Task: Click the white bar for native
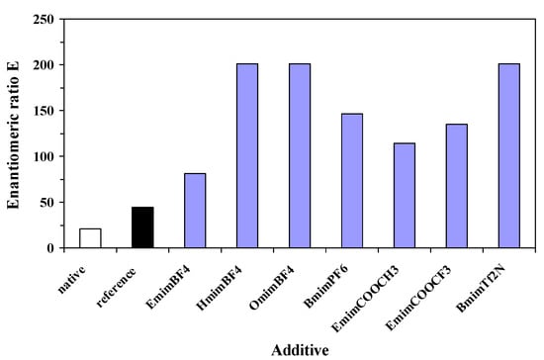click(90, 238)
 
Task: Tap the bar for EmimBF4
click(195, 211)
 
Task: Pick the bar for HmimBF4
click(247, 155)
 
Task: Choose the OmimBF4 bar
click(300, 155)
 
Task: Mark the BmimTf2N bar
click(508, 155)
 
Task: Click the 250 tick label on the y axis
click(41, 19)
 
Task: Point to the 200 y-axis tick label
click(41, 65)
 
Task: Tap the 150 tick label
click(41, 111)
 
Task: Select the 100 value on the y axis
click(41, 156)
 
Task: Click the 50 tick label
click(45, 203)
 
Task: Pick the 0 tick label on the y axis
click(48, 248)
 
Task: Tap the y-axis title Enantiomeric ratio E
click(14, 134)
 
